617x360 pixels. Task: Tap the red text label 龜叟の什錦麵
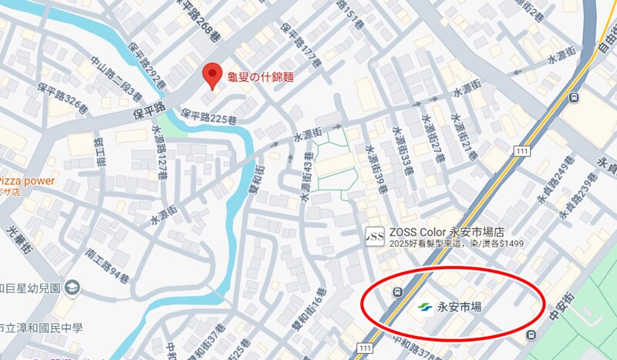[x=259, y=78]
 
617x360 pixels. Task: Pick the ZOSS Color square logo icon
[x=374, y=234]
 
